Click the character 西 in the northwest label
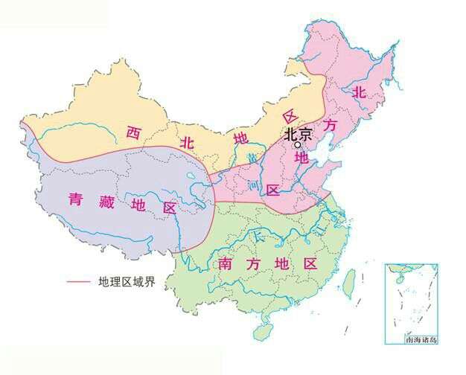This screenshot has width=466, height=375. (x=133, y=133)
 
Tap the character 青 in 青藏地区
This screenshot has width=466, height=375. (x=76, y=199)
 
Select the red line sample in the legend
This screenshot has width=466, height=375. (x=80, y=282)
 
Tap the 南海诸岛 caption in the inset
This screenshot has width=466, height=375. (x=422, y=339)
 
